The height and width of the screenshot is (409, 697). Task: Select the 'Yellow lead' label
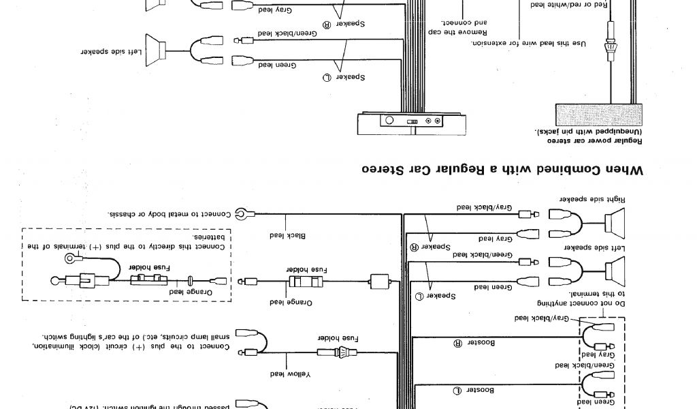285,374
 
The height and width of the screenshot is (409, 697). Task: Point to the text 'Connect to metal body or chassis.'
169,213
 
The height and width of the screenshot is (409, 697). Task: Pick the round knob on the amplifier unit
390,121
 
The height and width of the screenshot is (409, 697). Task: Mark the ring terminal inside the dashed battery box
70,258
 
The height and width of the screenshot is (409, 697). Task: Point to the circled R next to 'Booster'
451,344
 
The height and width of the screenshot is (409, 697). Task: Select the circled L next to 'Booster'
451,390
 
